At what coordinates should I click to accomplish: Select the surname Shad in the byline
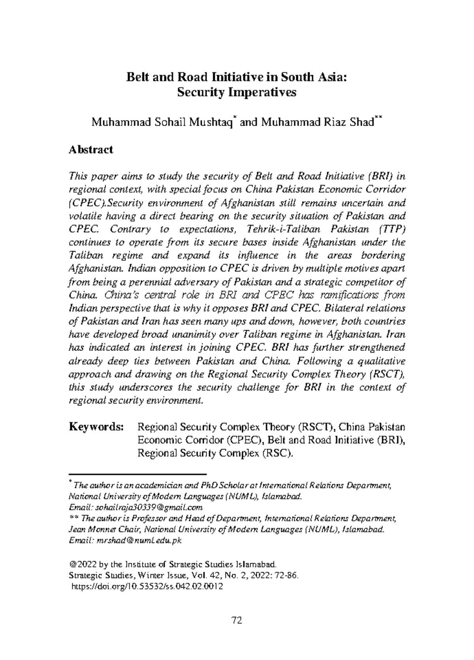tap(362, 122)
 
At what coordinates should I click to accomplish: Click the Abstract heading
tap(91, 150)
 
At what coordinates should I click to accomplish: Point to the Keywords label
tap(96, 427)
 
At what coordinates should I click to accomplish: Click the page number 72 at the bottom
tap(236, 620)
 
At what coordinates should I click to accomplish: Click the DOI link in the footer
tap(147, 586)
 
